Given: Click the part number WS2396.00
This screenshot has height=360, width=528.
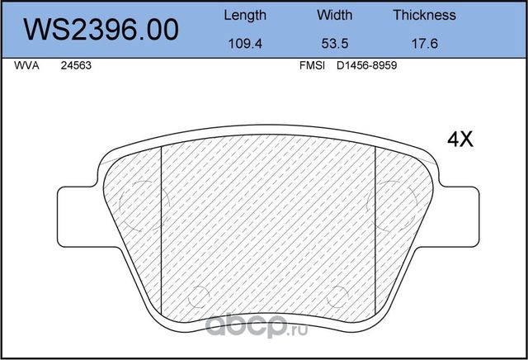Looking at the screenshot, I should click(102, 30).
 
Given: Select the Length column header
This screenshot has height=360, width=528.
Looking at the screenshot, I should click(245, 15).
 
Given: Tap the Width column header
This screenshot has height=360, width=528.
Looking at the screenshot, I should click(334, 15).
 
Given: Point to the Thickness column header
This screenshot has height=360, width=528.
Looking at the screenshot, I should click(424, 15).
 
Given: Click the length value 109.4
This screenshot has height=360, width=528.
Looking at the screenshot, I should click(245, 45).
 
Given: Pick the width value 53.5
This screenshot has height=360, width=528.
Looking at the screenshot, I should click(334, 45).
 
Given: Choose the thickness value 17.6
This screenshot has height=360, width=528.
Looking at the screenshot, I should click(424, 45).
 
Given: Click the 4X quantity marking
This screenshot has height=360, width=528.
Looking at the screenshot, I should click(460, 140).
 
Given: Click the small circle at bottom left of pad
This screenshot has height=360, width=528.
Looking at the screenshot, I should click(198, 296).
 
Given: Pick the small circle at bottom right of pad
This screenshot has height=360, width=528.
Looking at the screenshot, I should click(337, 296).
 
